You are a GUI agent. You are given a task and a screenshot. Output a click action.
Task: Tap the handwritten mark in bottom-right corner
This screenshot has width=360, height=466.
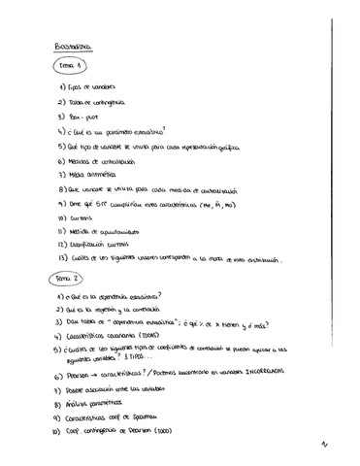(x=336, y=448)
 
